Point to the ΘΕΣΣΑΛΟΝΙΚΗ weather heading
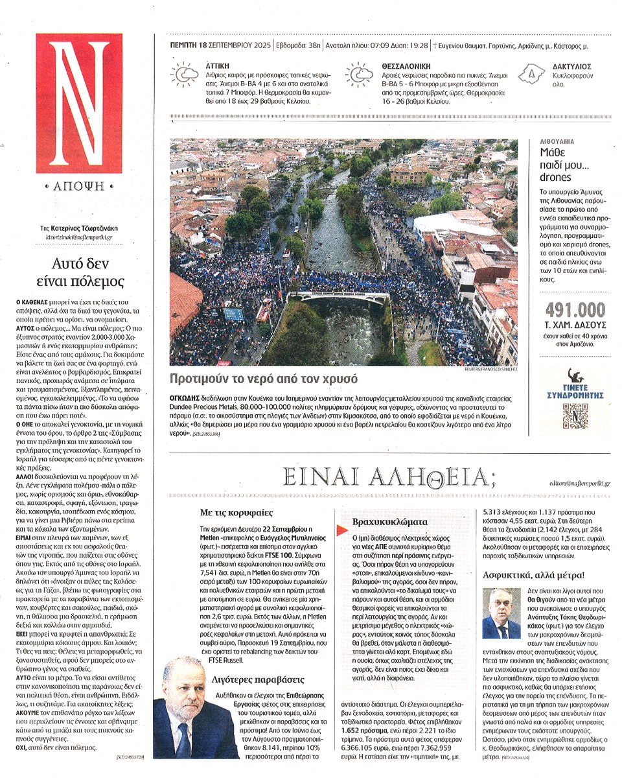coord(391,66)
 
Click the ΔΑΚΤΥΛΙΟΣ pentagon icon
coord(532,75)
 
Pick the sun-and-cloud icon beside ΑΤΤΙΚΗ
coord(184,75)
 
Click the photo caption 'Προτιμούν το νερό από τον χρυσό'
coord(264,379)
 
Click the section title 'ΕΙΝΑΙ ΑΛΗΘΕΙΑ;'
coord(389,478)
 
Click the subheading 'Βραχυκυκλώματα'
coord(382,521)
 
